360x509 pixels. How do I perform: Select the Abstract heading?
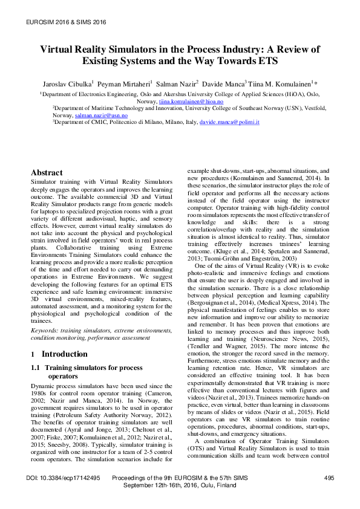[47, 172]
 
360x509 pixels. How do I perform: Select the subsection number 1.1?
[36, 367]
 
